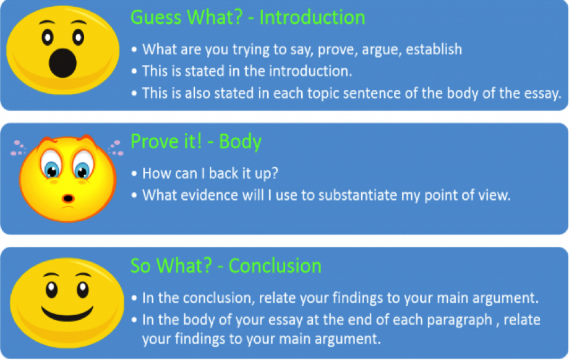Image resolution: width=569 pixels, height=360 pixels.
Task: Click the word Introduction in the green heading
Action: [312, 17]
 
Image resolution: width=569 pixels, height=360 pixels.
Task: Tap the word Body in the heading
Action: [240, 142]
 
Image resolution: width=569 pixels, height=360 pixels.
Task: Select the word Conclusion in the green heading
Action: [275, 266]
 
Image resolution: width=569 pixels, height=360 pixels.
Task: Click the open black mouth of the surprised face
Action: [62, 62]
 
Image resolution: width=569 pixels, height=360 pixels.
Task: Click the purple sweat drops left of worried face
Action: [19, 148]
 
